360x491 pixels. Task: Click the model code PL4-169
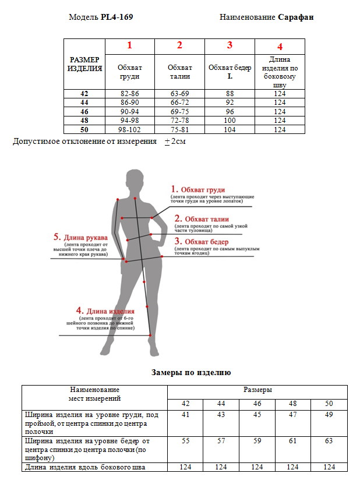117,17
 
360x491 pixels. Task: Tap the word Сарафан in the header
295,17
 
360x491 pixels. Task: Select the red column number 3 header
230,45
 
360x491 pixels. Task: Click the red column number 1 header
129,45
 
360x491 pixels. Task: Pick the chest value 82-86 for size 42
129,93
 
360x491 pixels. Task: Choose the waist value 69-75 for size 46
179,111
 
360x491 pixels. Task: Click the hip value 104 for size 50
230,129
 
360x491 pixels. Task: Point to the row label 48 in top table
84,121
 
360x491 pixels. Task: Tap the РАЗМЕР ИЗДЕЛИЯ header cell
85,64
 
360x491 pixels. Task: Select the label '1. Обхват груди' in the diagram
197,189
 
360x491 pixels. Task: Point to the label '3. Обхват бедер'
202,241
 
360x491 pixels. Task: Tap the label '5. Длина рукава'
80,238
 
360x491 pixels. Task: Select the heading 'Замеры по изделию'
191,372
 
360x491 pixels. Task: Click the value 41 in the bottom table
185,415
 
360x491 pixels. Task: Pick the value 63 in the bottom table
329,441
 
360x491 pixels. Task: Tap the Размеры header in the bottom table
257,390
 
